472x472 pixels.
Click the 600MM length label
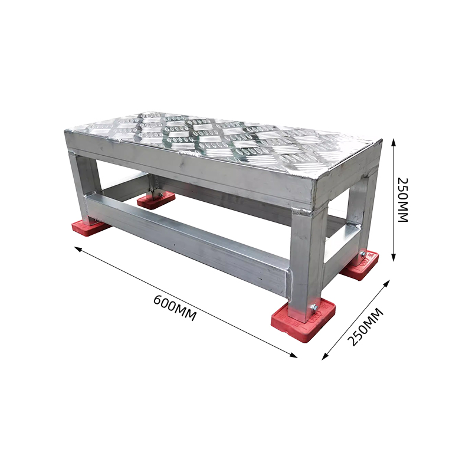click(175, 308)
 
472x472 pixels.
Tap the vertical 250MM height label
click(403, 200)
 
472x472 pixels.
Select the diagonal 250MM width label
click(366, 327)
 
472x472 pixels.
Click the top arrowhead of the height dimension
click(393, 142)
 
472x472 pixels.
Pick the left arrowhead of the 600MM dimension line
click(78, 248)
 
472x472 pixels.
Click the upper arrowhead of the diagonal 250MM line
click(387, 283)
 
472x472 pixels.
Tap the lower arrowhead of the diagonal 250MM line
click(325, 356)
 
